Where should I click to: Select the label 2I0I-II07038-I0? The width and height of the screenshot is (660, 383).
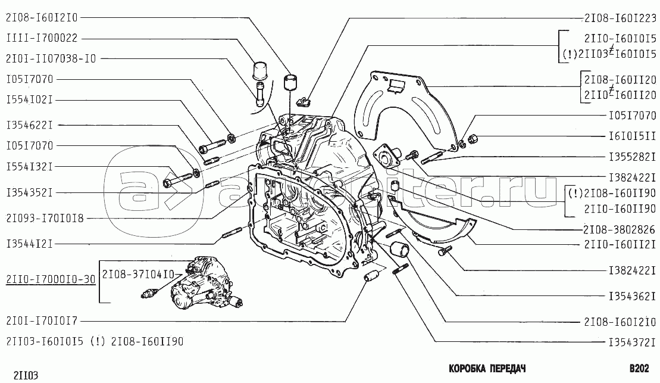[x=51, y=59]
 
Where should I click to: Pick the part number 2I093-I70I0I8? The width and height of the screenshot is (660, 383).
[x=45, y=219]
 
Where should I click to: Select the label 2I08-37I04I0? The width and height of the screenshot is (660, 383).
[x=138, y=274]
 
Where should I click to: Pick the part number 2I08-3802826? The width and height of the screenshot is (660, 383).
[x=619, y=229]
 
